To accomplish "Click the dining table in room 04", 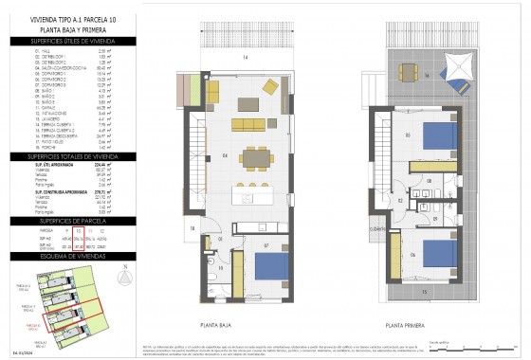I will tap(253, 158).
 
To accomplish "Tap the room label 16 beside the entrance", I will tap(191, 227).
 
